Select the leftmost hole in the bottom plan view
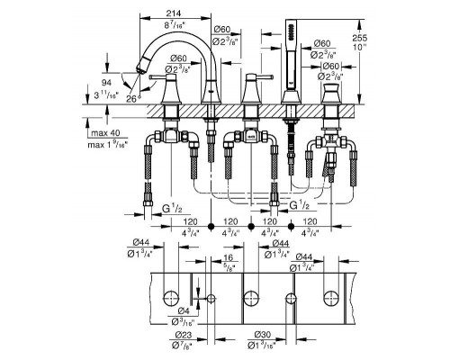point(170,297)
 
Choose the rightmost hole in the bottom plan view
point(328,297)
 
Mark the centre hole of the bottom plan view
point(249,297)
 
